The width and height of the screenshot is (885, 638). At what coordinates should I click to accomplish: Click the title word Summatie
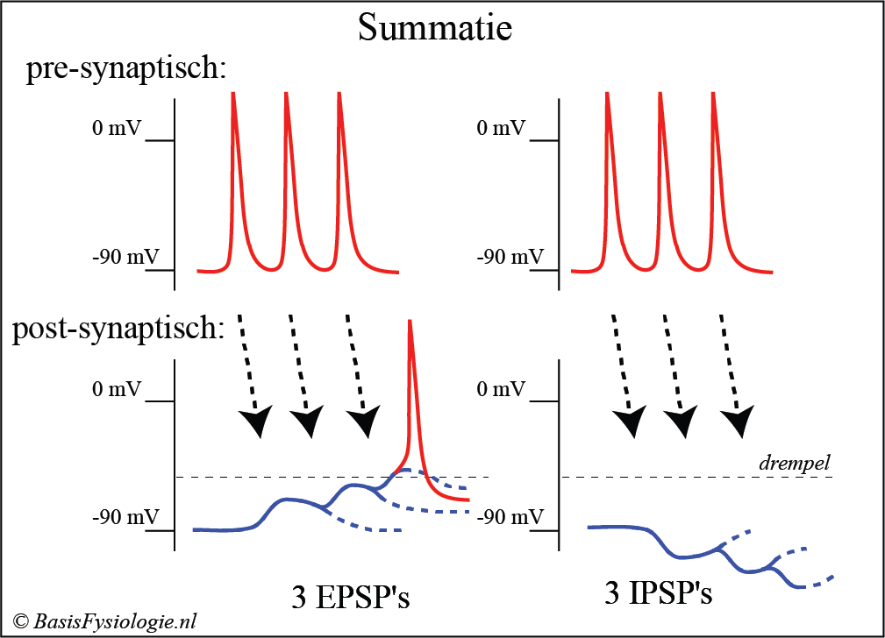coord(435,28)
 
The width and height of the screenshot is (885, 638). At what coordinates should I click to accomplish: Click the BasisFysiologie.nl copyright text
coord(104,621)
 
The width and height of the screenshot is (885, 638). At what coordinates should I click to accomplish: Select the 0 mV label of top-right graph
coord(500,128)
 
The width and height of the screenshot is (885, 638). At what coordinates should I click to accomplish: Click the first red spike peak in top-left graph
coord(233,95)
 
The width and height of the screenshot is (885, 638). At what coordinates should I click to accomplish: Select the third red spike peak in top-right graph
coord(712,95)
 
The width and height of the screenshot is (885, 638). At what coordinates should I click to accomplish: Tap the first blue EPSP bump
coord(285,500)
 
